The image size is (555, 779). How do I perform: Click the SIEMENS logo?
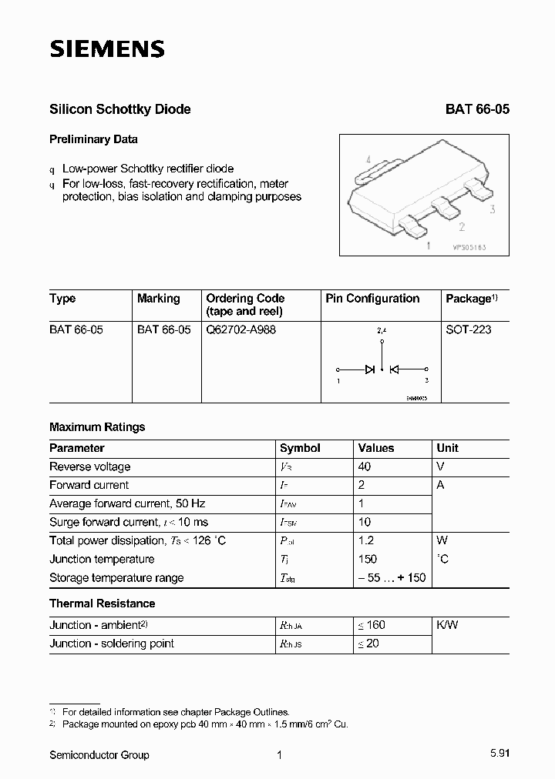click(x=107, y=50)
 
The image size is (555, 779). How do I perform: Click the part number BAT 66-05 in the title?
click(x=477, y=109)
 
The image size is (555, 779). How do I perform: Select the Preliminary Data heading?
click(x=93, y=139)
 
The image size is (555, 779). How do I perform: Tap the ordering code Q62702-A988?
click(x=240, y=329)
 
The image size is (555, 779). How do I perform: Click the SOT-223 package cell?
click(x=468, y=329)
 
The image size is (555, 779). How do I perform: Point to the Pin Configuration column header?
click(x=372, y=299)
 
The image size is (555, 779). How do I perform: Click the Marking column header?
click(x=158, y=299)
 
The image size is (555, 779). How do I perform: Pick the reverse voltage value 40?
click(x=365, y=466)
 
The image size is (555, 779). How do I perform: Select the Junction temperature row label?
click(x=102, y=559)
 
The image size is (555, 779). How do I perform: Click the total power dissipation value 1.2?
click(x=366, y=540)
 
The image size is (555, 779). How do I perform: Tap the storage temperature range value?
click(x=392, y=577)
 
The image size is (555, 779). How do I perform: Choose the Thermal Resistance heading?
click(x=102, y=603)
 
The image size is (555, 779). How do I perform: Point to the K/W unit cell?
click(x=447, y=625)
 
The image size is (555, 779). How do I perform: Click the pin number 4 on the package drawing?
click(x=369, y=160)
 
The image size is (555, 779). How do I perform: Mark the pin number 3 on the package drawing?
click(x=492, y=209)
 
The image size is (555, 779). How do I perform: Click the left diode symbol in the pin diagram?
click(x=370, y=369)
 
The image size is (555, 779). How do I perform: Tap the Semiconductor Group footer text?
click(x=99, y=755)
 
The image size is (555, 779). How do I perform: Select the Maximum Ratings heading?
click(x=97, y=426)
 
